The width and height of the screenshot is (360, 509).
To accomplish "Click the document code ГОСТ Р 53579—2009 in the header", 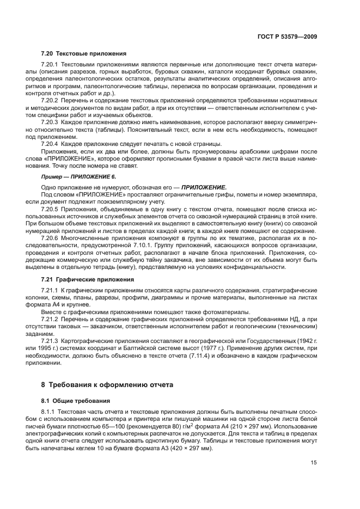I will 288,36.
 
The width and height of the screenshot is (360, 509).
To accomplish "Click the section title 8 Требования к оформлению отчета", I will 107,384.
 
